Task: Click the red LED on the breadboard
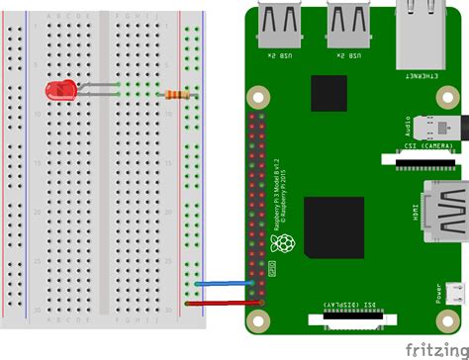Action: pos(60,91)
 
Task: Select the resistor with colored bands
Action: pos(179,95)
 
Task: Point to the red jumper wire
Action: pos(223,304)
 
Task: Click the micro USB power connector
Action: pos(452,294)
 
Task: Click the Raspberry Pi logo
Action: pos(284,246)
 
